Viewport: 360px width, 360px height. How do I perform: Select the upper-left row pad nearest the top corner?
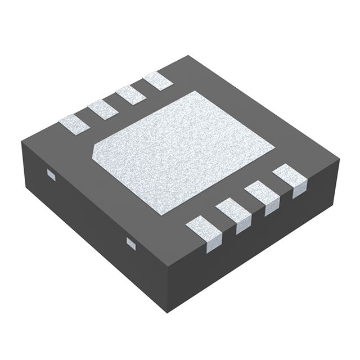157,82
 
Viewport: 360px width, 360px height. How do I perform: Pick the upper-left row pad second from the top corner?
130,94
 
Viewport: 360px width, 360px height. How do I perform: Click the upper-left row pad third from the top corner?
103,108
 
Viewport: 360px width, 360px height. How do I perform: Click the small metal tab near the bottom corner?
131,243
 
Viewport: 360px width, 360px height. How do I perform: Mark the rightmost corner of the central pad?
274,148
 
